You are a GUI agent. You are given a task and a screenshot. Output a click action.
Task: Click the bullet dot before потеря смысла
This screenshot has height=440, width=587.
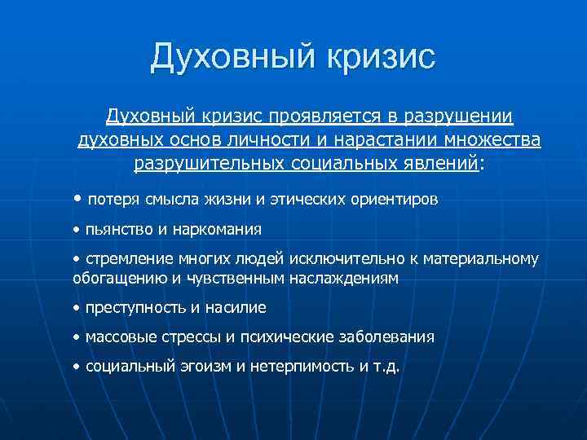coord(77,198)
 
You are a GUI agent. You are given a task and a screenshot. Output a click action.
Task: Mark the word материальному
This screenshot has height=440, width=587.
coord(487,260)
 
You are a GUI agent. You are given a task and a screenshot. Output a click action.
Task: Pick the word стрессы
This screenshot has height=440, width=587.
coord(189,337)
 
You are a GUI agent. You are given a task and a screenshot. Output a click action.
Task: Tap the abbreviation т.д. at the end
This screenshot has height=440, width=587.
coord(386,367)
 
